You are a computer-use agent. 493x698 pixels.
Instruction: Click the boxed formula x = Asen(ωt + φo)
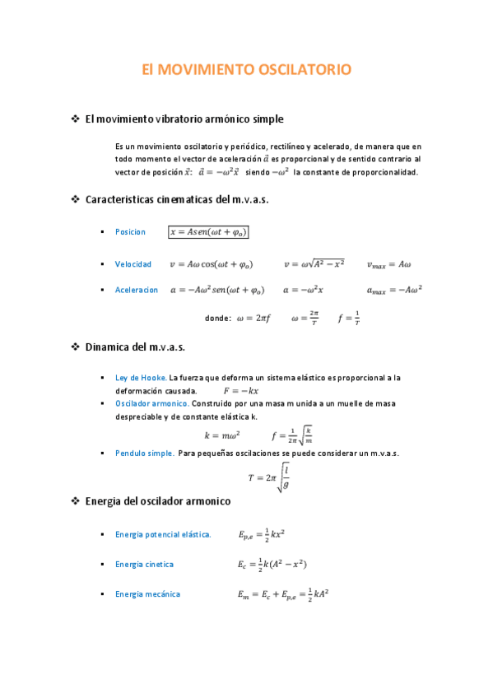pos(208,232)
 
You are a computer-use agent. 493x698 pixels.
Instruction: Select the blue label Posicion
pos(130,232)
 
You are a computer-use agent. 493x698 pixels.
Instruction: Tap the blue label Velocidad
pos(133,264)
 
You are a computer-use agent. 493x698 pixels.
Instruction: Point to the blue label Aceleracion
pos(137,291)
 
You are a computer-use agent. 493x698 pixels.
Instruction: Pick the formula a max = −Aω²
pos(394,291)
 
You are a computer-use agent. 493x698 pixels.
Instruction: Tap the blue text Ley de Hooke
pos(141,378)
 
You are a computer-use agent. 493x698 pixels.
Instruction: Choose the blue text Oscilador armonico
pos(152,404)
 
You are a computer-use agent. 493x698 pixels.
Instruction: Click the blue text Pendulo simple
pos(144,454)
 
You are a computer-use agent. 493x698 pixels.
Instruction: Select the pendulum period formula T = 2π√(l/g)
pos(269,477)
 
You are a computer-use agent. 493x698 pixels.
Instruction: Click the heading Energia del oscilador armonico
pos(158,500)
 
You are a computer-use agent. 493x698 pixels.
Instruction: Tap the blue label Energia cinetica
pos(144,565)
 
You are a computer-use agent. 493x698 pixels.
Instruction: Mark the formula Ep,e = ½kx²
pos(262,535)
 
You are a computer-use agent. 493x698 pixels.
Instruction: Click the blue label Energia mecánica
pos(147,594)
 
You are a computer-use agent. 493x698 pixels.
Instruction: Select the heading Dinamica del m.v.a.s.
pos(135,347)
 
